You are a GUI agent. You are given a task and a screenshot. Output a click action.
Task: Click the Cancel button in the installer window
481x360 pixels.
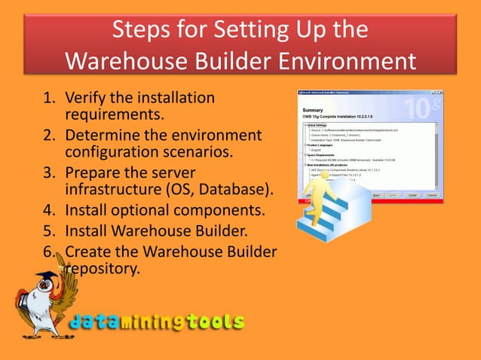432,194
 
